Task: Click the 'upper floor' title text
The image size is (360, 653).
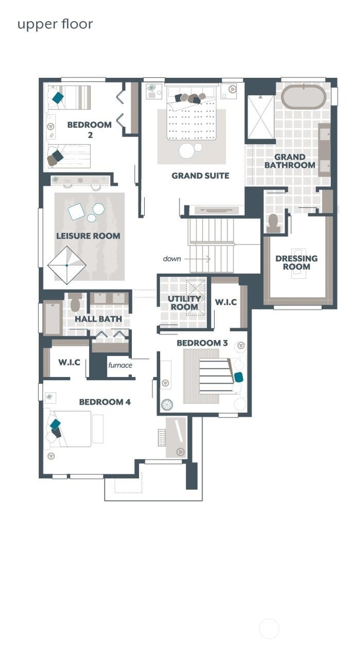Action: pyautogui.click(x=55, y=25)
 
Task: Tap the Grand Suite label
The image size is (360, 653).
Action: pyautogui.click(x=200, y=175)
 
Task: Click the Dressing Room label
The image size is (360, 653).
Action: pyautogui.click(x=296, y=263)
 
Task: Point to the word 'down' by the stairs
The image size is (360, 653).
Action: pyautogui.click(x=172, y=259)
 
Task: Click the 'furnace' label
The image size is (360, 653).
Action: pyautogui.click(x=120, y=365)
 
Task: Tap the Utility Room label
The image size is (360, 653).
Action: pyautogui.click(x=184, y=303)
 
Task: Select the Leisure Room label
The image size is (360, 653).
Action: pyautogui.click(x=88, y=236)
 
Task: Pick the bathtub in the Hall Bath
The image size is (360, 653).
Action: pyautogui.click(x=52, y=318)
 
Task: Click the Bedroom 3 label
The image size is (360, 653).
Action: pyautogui.click(x=202, y=343)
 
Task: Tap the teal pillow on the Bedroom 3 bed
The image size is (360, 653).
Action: pyautogui.click(x=239, y=377)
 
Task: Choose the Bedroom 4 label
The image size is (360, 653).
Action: pyautogui.click(x=105, y=402)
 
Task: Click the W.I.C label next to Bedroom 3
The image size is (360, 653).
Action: pyautogui.click(x=226, y=302)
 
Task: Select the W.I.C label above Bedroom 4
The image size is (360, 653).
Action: pyautogui.click(x=69, y=362)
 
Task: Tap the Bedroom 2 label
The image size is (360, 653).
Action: pyautogui.click(x=89, y=129)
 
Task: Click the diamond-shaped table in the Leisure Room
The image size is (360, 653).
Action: pyautogui.click(x=67, y=265)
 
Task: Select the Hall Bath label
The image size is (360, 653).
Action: pyautogui.click(x=98, y=319)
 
